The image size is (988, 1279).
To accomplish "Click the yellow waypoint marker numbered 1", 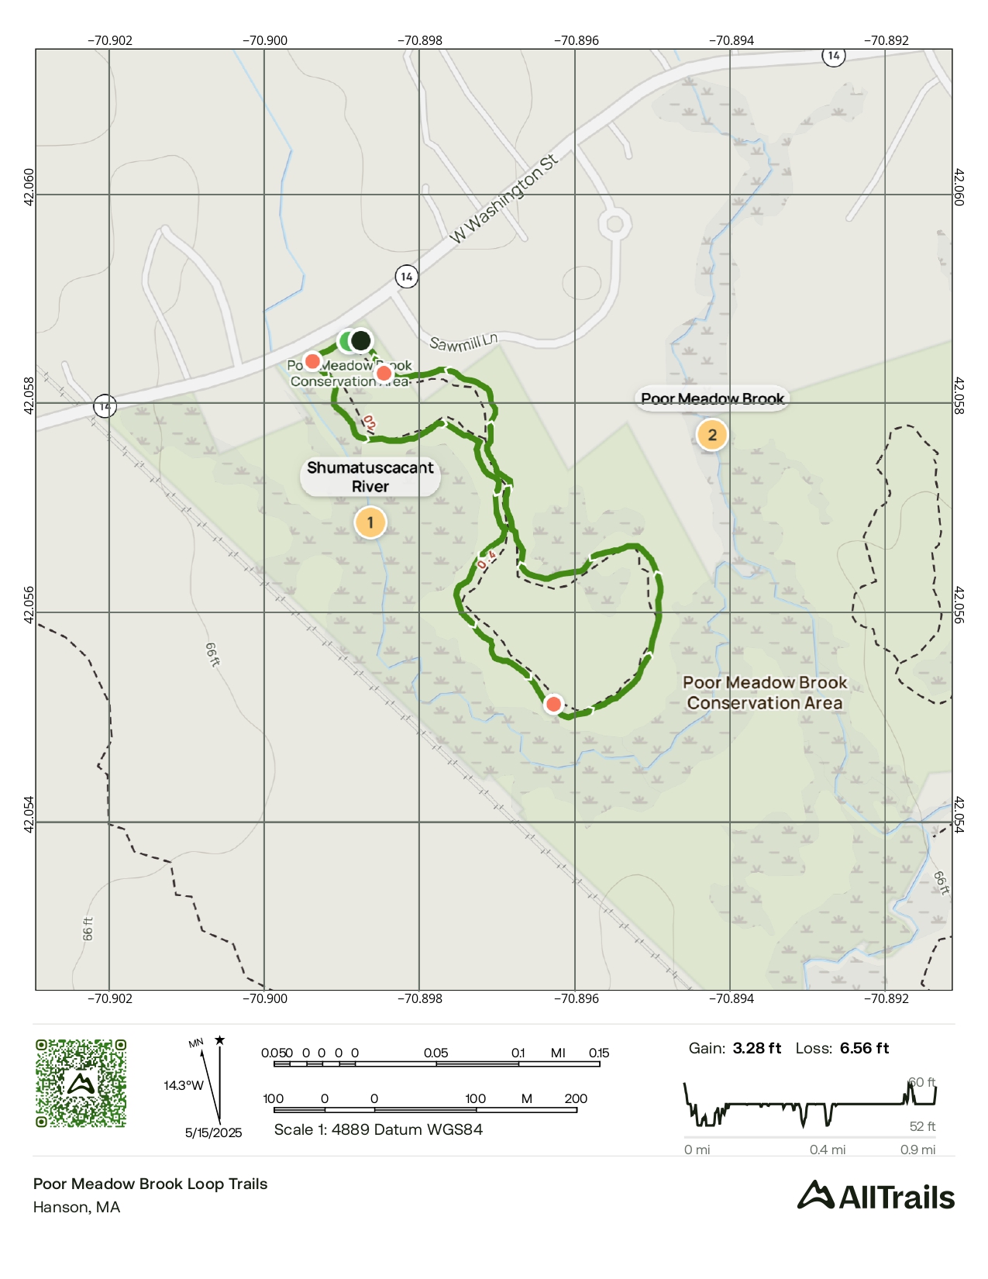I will (370, 522).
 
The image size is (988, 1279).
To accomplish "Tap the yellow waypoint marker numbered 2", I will (711, 435).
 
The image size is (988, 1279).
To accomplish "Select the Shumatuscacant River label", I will (370, 477).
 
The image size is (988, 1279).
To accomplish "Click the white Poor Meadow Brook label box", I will (712, 398).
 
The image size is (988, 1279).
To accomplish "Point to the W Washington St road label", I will (504, 199).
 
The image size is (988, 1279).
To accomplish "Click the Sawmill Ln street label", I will (463, 342).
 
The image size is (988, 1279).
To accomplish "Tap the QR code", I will (81, 1083).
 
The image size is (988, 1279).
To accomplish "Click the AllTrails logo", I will (876, 1196).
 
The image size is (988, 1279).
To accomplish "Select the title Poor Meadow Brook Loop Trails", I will (150, 1184).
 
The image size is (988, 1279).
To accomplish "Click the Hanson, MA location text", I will (77, 1207).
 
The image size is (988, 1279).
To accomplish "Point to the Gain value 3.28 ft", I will (756, 1048).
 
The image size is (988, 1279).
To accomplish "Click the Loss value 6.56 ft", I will (864, 1048).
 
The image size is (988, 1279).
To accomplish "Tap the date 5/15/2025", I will (213, 1132).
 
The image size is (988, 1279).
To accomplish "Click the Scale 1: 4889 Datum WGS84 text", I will (378, 1129).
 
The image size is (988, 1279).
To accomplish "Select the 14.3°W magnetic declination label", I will (184, 1085).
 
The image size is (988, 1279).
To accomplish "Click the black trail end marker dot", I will (360, 340).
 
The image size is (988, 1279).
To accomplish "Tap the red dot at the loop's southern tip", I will (553, 704).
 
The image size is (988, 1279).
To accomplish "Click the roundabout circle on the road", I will (614, 225).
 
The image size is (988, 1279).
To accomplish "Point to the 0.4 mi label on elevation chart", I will (827, 1150).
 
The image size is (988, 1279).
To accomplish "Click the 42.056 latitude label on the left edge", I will (29, 605).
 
